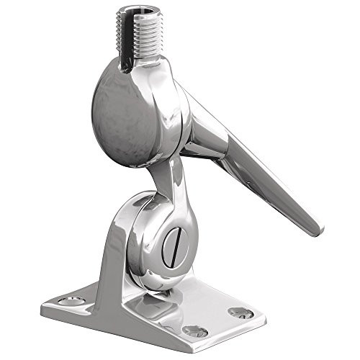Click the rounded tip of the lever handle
315,229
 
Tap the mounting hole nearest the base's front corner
194,330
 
